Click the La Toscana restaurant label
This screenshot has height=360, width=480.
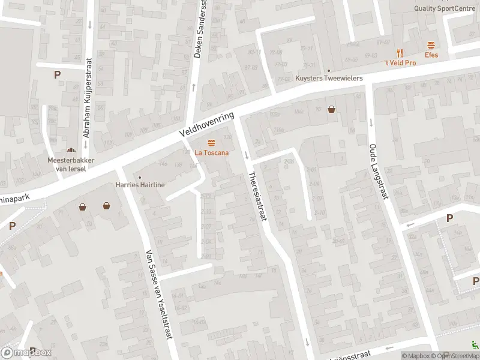tap(211, 152)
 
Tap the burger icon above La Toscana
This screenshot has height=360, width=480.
tap(211, 143)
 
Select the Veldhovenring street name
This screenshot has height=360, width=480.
tap(209, 122)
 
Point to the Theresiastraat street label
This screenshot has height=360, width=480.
tap(256, 197)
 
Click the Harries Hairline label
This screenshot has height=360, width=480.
tap(140, 185)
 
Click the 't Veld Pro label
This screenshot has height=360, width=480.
tap(400, 63)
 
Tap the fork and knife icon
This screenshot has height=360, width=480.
tap(400, 53)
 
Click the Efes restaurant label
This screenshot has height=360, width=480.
tap(431, 55)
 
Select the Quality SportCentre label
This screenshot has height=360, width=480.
tap(446, 8)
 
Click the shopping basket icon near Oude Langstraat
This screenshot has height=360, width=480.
tap(332, 109)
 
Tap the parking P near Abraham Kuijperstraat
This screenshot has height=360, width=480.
tap(57, 75)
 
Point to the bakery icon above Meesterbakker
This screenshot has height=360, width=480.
tap(71, 151)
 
